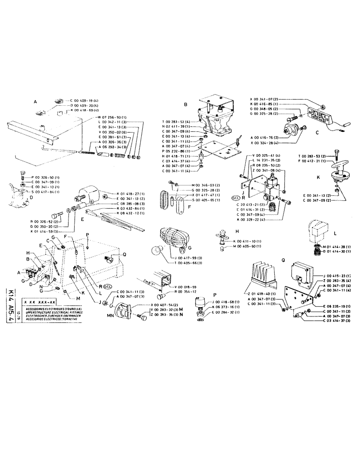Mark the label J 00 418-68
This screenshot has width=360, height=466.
[221, 302]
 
